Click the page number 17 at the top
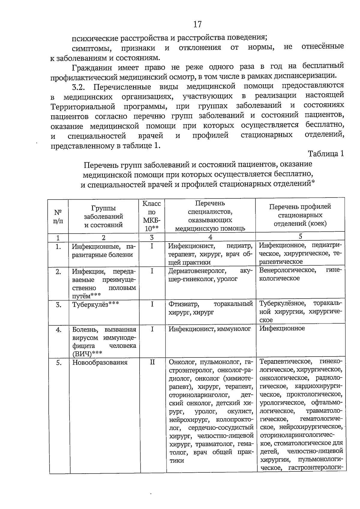pyautogui.click(x=197, y=24)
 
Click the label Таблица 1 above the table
pyautogui.click(x=326, y=154)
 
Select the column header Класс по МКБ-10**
pyautogui.click(x=152, y=216)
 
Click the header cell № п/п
pyautogui.click(x=58, y=216)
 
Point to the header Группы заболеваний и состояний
pyautogui.click(x=103, y=216)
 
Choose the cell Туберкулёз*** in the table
pyautogui.click(x=96, y=305)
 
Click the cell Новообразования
pyautogui.click(x=100, y=362)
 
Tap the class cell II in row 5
pyautogui.click(x=152, y=362)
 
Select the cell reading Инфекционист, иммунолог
pyautogui.click(x=209, y=329)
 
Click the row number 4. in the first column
pyautogui.click(x=58, y=330)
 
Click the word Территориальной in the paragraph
pyautogui.click(x=83, y=107)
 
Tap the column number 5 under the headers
pyautogui.click(x=300, y=236)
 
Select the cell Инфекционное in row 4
pyautogui.click(x=282, y=328)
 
